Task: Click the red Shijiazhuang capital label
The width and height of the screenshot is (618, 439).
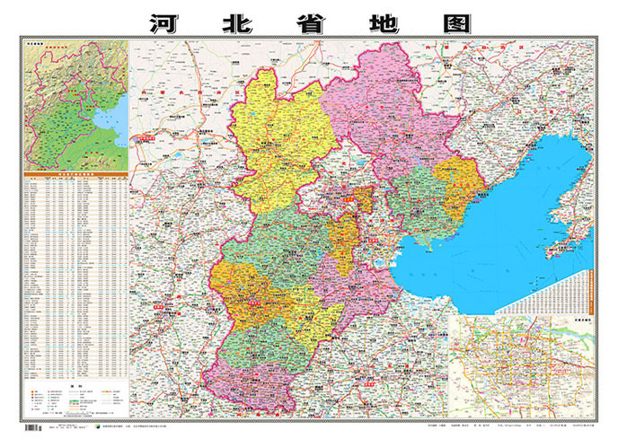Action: pyautogui.click(x=252, y=303)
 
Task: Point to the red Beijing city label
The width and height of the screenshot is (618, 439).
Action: pyautogui.click(x=363, y=200)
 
